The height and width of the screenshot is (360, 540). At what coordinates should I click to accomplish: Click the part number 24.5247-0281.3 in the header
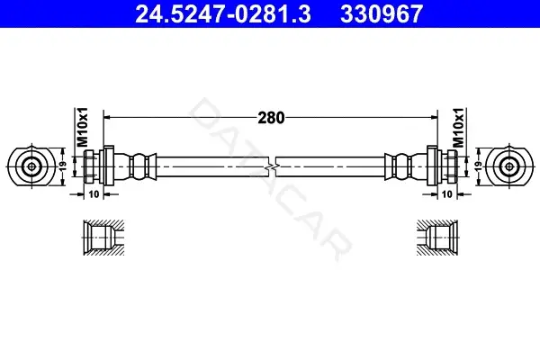(223, 13)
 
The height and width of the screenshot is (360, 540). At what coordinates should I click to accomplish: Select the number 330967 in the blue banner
(382, 13)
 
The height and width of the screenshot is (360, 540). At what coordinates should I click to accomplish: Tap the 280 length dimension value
(272, 118)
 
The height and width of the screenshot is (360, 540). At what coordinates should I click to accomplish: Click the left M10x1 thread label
(82, 127)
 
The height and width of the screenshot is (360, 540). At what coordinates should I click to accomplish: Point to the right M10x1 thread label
(458, 127)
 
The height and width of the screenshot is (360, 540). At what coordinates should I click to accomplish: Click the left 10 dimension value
(94, 194)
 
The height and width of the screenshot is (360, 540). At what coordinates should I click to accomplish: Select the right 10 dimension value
(446, 194)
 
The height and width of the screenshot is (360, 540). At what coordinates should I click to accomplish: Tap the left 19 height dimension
(62, 166)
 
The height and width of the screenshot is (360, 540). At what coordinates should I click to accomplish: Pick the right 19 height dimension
(479, 166)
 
